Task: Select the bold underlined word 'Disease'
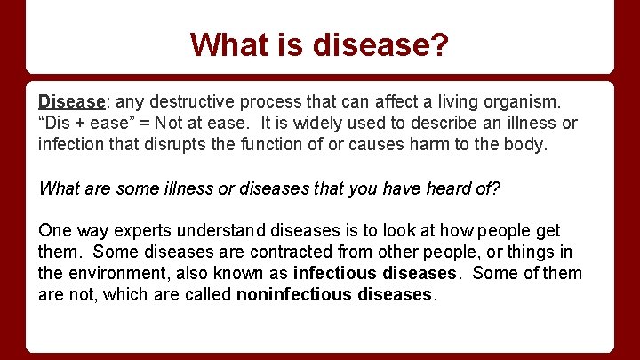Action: point(68,101)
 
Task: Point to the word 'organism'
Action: point(516,101)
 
